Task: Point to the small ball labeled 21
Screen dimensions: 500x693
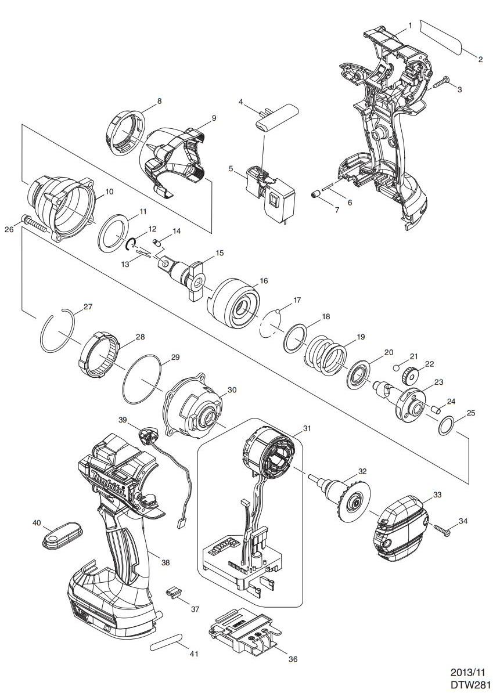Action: pos(397,367)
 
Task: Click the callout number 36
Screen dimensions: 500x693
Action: pos(293,659)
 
